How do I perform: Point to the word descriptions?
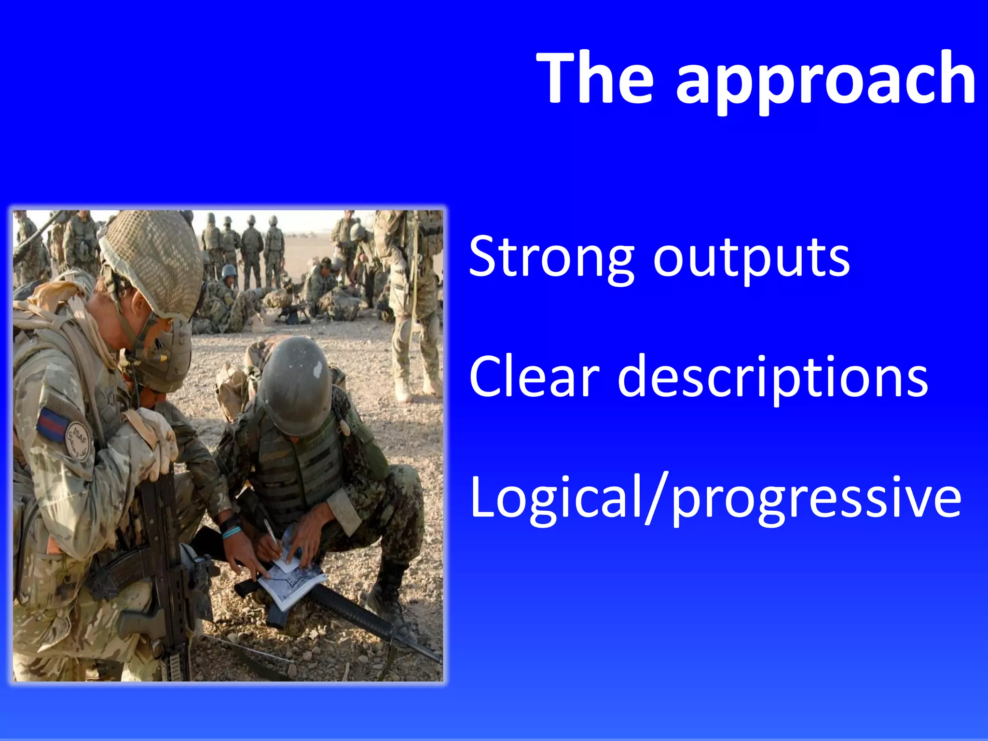click(x=772, y=379)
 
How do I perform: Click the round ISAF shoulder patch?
click(x=78, y=439)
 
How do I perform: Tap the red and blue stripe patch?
click(x=52, y=424)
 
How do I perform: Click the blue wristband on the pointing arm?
click(x=232, y=532)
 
